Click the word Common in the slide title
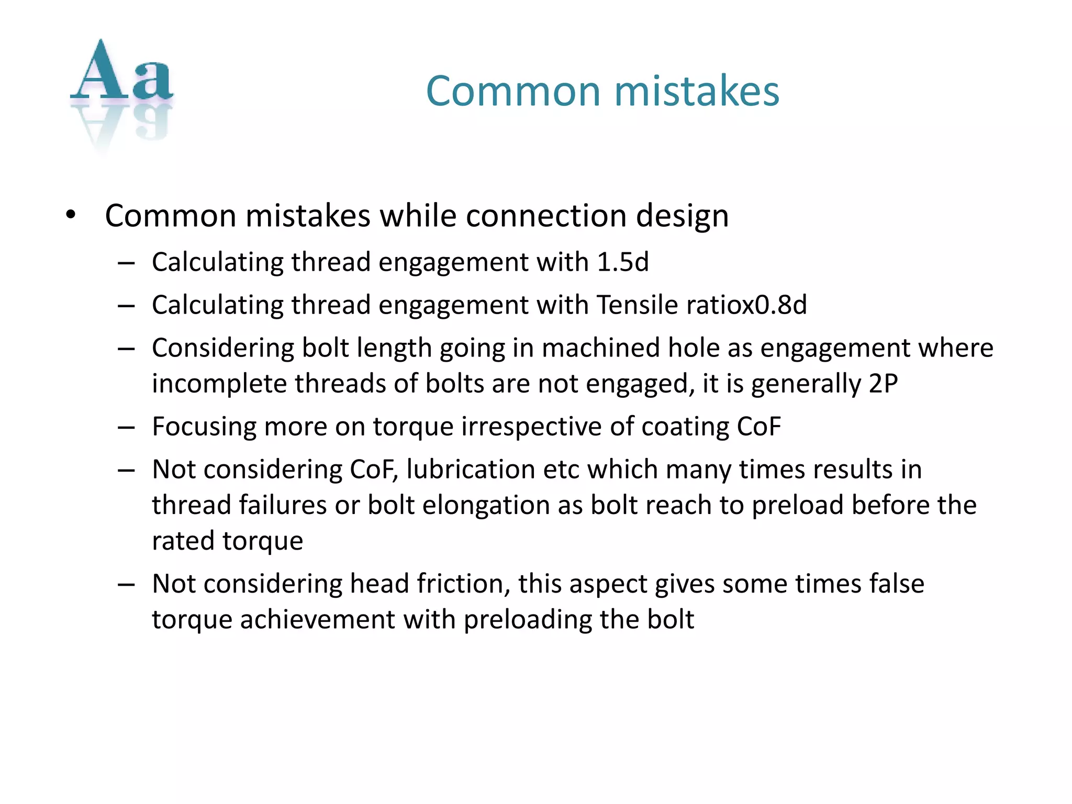click(512, 91)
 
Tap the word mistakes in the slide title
click(696, 91)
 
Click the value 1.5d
click(622, 262)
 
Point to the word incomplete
click(219, 384)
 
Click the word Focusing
click(204, 427)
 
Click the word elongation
click(486, 505)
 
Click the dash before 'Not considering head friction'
click(126, 584)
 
